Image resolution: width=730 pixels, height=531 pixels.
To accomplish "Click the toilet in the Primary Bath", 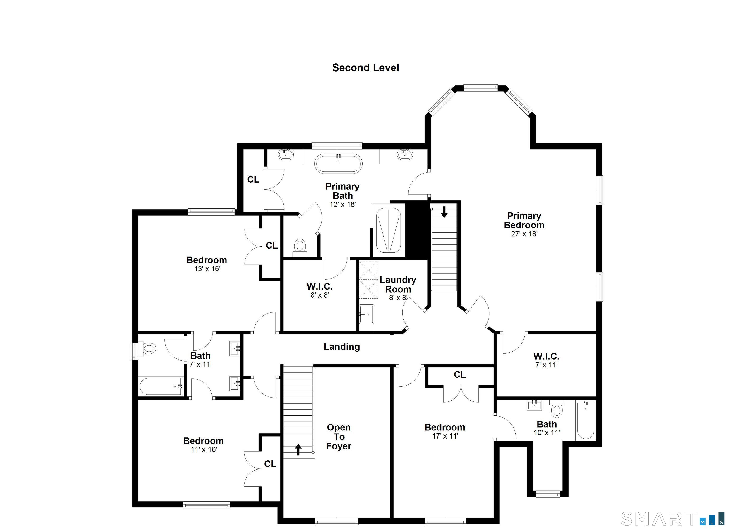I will (x=300, y=246).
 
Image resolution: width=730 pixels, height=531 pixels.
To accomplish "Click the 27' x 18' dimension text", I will (x=524, y=234).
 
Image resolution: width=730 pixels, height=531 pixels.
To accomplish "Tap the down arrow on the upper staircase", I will (x=444, y=212).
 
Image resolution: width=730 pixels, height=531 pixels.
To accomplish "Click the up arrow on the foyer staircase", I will (x=298, y=449).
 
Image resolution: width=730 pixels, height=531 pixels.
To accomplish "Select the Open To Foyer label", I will (x=338, y=437).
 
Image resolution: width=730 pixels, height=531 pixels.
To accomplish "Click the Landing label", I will (x=341, y=347).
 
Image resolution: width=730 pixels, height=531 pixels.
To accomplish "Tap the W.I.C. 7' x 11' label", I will (x=546, y=360).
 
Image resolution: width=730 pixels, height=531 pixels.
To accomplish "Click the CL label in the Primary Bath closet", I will (x=253, y=179).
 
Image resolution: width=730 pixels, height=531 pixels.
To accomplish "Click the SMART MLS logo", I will (x=672, y=518).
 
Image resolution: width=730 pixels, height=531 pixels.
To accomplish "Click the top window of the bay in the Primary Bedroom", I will (x=480, y=87).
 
